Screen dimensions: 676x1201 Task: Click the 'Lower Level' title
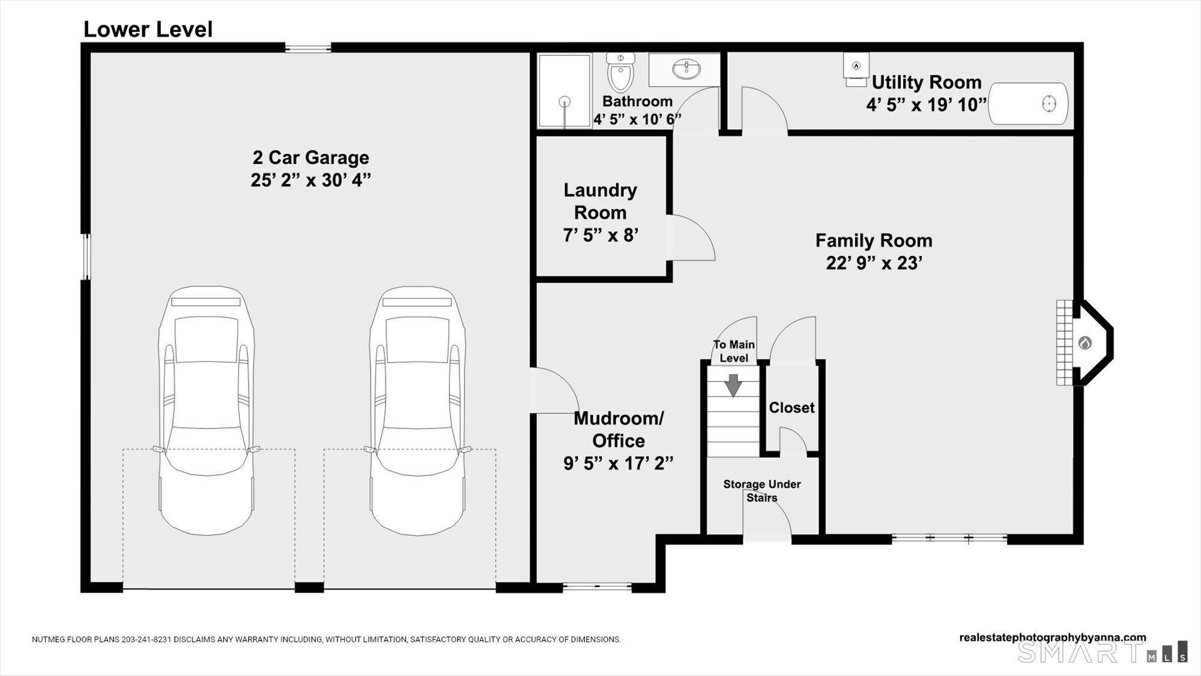point(148,29)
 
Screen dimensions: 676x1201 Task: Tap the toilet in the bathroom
point(620,73)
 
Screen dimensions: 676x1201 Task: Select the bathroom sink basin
point(686,70)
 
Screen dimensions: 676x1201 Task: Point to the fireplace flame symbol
point(1085,343)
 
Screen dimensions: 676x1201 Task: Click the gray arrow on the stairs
point(733,385)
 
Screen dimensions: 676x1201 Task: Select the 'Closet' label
point(791,407)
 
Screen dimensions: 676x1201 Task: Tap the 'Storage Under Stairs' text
point(761,490)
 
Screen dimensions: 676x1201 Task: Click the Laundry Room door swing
point(691,238)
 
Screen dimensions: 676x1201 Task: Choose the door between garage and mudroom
point(554,391)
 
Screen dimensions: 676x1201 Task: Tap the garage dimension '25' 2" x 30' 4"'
point(310,180)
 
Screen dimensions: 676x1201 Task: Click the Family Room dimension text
point(874,263)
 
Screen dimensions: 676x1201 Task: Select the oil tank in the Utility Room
point(1029,104)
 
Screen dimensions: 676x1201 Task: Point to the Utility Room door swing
point(764,112)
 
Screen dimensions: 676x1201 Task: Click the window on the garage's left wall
point(86,257)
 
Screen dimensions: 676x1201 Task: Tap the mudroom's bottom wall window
point(597,586)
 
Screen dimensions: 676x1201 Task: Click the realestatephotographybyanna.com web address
point(1052,637)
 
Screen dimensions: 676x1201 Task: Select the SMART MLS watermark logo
point(1101,652)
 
